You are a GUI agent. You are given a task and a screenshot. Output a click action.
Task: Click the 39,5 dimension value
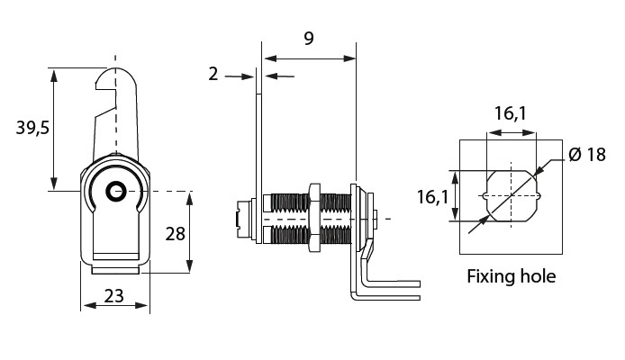point(32,129)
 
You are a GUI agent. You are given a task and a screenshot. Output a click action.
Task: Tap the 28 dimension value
point(176,234)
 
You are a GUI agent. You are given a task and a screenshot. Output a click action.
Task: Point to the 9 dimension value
point(309,39)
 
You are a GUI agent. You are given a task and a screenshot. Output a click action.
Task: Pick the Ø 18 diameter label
point(586,154)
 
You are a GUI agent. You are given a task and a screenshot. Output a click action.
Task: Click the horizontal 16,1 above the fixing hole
point(509,113)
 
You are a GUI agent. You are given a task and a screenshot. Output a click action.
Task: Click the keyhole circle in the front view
point(114,191)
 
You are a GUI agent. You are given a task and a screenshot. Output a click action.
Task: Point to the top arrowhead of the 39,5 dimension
point(56,73)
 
